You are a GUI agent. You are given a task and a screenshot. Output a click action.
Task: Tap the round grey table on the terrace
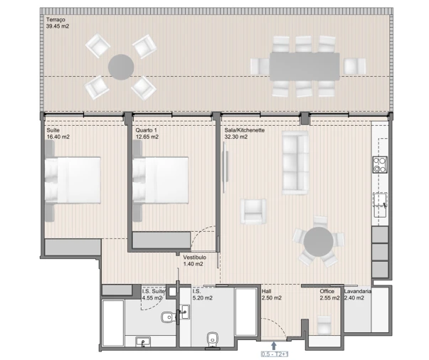pos(120,68)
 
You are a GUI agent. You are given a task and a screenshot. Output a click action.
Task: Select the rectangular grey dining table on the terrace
pos(304,67)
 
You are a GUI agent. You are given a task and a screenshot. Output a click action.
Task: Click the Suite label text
pos(53,130)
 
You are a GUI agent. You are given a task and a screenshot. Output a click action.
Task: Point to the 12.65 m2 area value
pos(147,137)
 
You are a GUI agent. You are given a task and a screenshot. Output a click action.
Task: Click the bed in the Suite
pos(73,180)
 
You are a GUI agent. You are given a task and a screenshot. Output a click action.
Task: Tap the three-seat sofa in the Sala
pos(295,163)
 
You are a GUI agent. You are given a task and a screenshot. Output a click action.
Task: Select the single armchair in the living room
pos(253,211)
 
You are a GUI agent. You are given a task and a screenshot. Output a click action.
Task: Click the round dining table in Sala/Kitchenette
pos(317,243)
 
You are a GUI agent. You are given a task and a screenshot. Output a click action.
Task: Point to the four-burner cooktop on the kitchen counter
pos(378,165)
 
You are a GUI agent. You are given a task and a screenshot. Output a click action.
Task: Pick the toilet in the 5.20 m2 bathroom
pos(211,339)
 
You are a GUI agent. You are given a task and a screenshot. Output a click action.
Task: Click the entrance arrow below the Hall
pos(274,345)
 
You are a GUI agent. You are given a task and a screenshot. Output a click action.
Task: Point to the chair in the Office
pos(324,326)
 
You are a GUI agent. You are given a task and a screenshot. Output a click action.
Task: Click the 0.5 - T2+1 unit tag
pos(274,354)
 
